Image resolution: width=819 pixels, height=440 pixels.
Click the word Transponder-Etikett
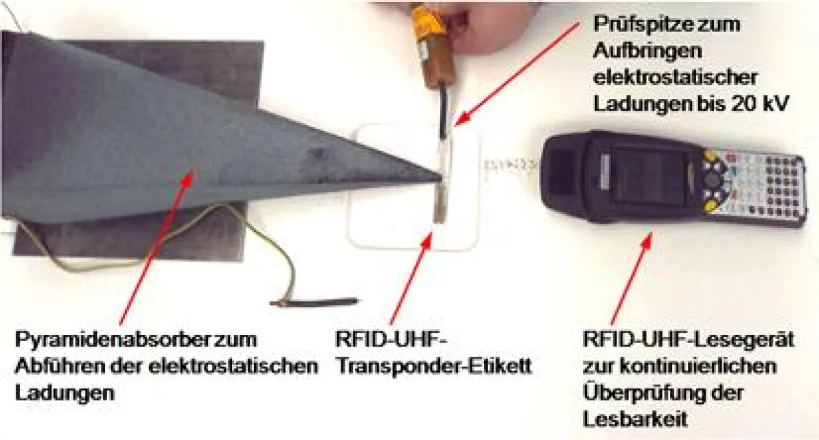click(433, 366)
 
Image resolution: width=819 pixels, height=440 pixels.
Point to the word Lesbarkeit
click(635, 419)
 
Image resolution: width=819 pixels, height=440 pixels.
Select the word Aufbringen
click(648, 50)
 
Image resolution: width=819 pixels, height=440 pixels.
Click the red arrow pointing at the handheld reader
click(631, 278)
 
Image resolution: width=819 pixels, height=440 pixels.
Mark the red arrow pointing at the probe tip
click(516, 73)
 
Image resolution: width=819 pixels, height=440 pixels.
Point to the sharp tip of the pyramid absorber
click(442, 177)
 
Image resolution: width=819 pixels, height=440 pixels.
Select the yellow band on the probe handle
click(427, 20)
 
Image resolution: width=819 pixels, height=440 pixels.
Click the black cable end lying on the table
click(314, 302)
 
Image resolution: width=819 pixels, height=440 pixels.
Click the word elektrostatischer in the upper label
click(675, 78)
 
